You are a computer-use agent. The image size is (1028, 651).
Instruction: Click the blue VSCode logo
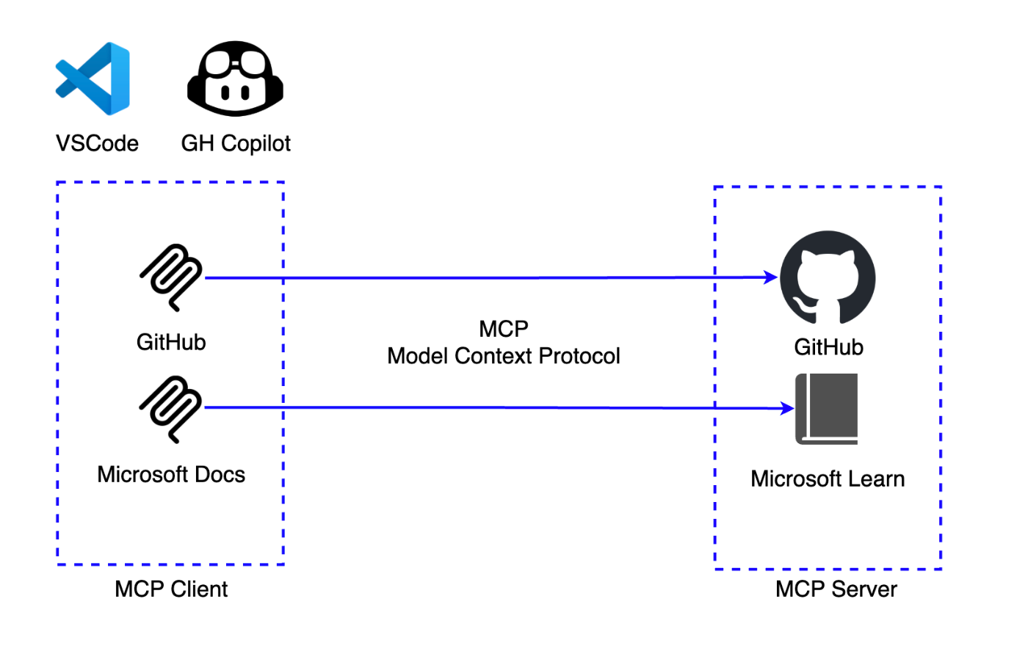pyautogui.click(x=93, y=79)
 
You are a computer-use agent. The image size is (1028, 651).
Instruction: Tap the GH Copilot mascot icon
pyautogui.click(x=235, y=79)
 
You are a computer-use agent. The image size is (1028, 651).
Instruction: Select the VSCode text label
pyautogui.click(x=97, y=143)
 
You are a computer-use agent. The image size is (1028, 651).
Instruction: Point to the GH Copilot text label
pyautogui.click(x=236, y=143)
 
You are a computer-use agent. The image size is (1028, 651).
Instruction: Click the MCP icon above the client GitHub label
pyautogui.click(x=172, y=277)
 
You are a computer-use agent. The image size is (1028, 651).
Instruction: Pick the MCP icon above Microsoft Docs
pyautogui.click(x=172, y=409)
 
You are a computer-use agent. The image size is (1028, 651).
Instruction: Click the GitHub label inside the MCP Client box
pyautogui.click(x=171, y=342)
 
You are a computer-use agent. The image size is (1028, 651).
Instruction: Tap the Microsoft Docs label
pyautogui.click(x=171, y=475)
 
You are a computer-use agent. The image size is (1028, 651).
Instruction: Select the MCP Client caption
pyautogui.click(x=171, y=589)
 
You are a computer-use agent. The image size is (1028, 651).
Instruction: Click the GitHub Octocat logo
pyautogui.click(x=828, y=277)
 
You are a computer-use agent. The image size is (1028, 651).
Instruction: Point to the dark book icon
pyautogui.click(x=827, y=409)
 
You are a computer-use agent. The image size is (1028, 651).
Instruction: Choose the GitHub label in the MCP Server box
pyautogui.click(x=828, y=347)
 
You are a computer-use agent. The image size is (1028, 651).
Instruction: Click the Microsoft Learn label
pyautogui.click(x=828, y=479)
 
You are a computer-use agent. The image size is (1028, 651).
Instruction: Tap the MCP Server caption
pyautogui.click(x=836, y=589)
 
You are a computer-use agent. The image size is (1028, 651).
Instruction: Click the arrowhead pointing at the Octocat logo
pyautogui.click(x=771, y=277)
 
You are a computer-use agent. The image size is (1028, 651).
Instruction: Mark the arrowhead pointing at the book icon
pyautogui.click(x=787, y=409)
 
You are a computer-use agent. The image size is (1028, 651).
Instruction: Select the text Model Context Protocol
pyautogui.click(x=504, y=356)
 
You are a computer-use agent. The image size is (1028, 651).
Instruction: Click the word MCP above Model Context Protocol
pyautogui.click(x=504, y=329)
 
